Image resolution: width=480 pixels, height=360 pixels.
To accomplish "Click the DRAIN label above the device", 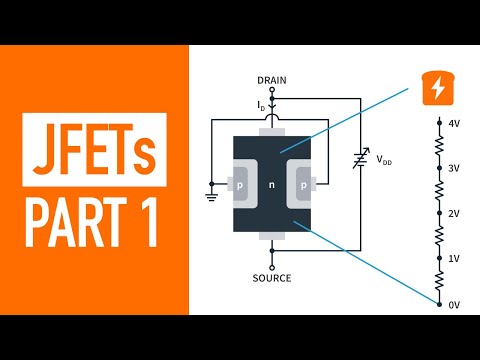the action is point(273,79).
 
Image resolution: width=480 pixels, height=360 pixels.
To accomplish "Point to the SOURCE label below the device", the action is point(273,278).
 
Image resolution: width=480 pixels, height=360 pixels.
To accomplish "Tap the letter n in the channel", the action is point(272,185).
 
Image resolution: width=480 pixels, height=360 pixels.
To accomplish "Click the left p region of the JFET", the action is point(242,185).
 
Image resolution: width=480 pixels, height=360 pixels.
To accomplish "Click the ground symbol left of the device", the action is point(213,190).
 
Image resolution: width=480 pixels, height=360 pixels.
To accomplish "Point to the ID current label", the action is point(262,104).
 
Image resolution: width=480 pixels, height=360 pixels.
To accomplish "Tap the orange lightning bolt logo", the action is point(437,88).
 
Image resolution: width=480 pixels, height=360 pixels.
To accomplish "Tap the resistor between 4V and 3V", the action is point(437,146).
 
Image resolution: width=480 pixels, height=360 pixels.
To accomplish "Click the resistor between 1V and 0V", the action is point(437,280).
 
